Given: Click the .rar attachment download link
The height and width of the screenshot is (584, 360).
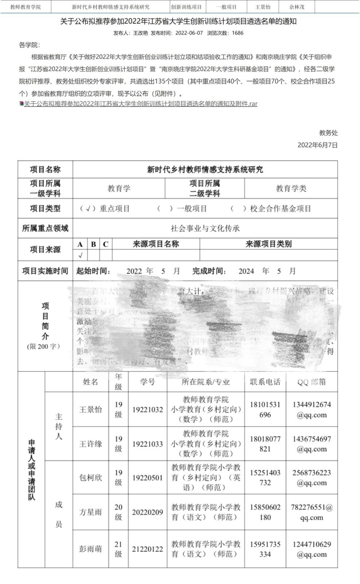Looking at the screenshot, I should click(x=140, y=104).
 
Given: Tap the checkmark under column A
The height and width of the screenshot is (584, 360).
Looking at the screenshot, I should click(x=80, y=255).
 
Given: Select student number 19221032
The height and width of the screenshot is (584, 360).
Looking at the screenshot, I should click(x=147, y=410).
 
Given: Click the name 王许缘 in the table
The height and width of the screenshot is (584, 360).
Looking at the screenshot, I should click(x=90, y=444).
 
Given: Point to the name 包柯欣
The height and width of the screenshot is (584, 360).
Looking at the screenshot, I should click(x=90, y=477).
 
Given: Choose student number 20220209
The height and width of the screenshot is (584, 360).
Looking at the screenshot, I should click(x=147, y=512).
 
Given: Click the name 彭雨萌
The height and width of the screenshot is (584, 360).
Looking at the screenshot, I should click(x=90, y=549).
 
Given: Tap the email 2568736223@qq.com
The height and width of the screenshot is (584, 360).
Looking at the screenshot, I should click(x=311, y=477).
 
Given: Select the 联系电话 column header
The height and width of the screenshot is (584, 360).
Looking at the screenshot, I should click(x=265, y=382).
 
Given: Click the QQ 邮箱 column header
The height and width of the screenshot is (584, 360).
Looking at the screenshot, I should click(x=311, y=382).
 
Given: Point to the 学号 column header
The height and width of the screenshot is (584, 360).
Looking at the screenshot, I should click(x=147, y=382).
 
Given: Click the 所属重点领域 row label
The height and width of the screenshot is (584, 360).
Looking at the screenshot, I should click(x=45, y=228).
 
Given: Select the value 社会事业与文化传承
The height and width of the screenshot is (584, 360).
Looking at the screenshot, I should click(x=205, y=228).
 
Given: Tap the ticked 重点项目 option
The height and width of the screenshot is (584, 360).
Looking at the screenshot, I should click(x=105, y=209).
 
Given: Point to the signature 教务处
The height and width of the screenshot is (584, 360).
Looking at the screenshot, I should click(x=328, y=133).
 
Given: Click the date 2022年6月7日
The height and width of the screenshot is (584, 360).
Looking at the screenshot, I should click(x=317, y=145).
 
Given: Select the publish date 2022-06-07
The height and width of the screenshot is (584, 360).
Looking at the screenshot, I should click(x=189, y=33).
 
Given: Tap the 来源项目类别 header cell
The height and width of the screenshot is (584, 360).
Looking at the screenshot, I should click(x=268, y=244).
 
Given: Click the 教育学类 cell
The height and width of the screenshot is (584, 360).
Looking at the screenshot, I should click(x=291, y=188).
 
